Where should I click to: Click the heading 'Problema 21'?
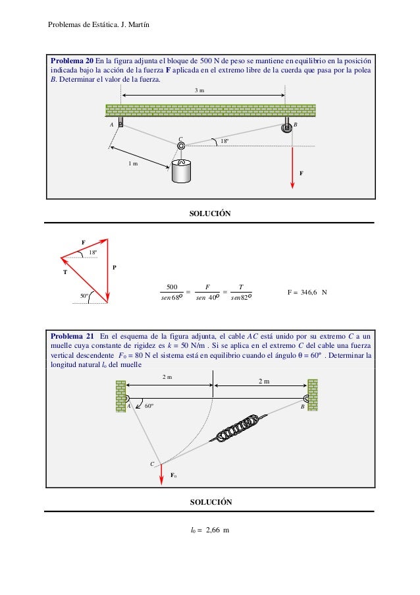72,335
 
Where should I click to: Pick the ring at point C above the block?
181,146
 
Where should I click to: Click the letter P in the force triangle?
114,268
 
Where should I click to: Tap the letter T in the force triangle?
65,271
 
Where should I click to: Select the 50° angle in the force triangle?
84,296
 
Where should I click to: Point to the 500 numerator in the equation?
173,286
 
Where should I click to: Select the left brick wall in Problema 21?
120,395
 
